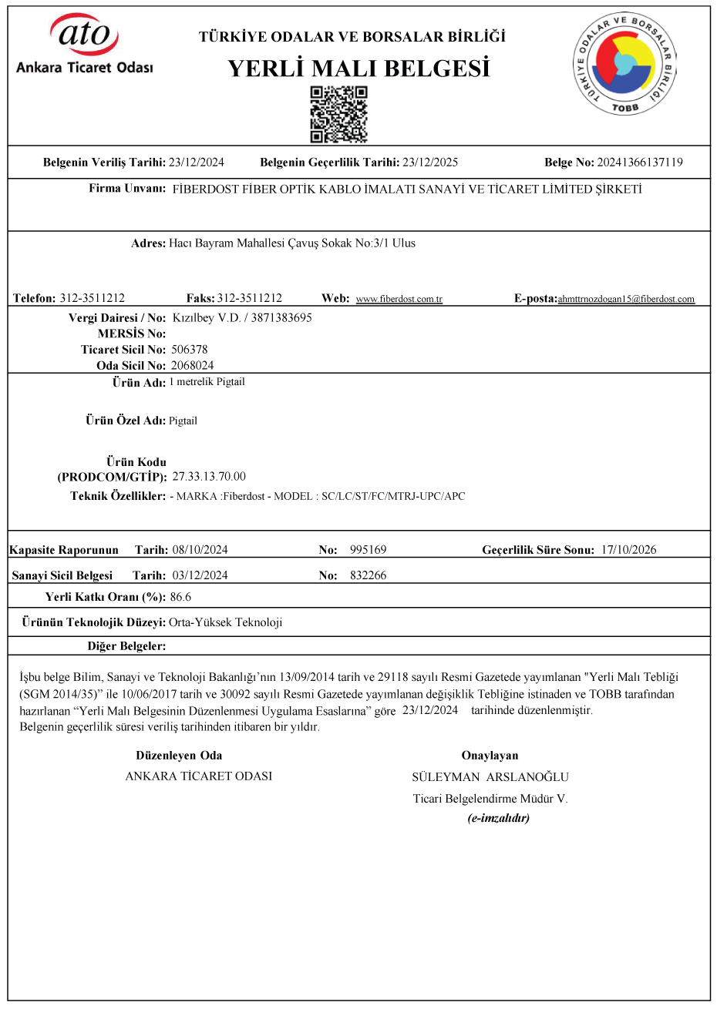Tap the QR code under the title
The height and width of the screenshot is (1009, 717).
click(x=338, y=115)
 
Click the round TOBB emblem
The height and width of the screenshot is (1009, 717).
click(x=624, y=64)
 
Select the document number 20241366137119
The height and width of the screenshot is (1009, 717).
click(x=640, y=163)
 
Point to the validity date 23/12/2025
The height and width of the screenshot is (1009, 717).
click(x=430, y=163)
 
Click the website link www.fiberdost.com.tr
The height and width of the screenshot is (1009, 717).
click(x=399, y=299)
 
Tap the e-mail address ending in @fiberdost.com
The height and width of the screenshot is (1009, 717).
click(x=626, y=299)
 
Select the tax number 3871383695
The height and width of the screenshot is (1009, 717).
click(x=281, y=317)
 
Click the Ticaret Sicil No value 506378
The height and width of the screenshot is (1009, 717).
click(x=190, y=350)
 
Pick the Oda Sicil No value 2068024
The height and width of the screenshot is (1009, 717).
click(x=193, y=366)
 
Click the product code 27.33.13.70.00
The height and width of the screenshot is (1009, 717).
click(x=209, y=477)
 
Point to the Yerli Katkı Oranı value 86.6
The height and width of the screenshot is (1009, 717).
click(x=180, y=597)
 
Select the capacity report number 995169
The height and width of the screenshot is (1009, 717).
click(x=368, y=550)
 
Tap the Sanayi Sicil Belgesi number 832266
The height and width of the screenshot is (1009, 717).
click(x=368, y=575)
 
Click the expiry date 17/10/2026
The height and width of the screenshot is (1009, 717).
click(x=629, y=550)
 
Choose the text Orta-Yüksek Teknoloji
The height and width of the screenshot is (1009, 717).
click(x=225, y=622)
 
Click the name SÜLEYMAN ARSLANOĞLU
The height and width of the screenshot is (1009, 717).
click(x=490, y=777)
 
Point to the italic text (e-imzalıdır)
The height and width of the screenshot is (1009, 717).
click(x=499, y=818)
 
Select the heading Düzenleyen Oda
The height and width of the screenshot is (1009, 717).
click(x=179, y=756)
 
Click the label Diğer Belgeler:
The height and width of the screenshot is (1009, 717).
click(x=126, y=646)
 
